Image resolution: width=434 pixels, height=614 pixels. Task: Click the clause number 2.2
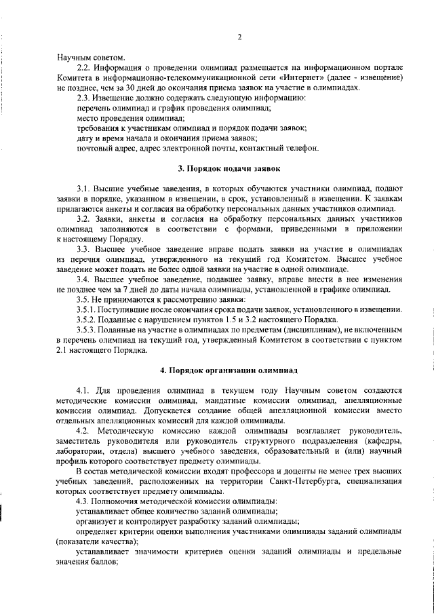(85, 68)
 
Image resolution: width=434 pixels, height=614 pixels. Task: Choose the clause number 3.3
(84, 249)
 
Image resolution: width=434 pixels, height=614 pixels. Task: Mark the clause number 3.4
(84, 280)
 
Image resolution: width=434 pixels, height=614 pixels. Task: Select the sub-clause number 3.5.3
(88, 330)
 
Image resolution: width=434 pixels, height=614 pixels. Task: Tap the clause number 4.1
(84, 391)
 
